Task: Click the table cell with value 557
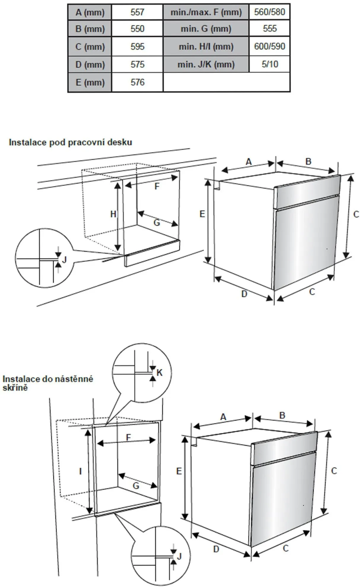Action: pyautogui.click(x=137, y=12)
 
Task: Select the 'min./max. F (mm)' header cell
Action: pyautogui.click(x=206, y=12)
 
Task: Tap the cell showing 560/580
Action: pyautogui.click(x=269, y=12)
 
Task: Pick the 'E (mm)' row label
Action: pyautogui.click(x=90, y=82)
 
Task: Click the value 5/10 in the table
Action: pyautogui.click(x=270, y=64)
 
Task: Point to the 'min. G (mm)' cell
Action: pyautogui.click(x=206, y=29)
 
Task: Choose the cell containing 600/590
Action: pyautogui.click(x=269, y=47)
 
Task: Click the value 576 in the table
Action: pyautogui.click(x=137, y=82)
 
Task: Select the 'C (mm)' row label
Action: pyautogui.click(x=90, y=47)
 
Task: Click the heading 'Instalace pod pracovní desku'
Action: pyautogui.click(x=70, y=142)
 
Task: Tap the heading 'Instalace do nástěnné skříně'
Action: pyautogui.click(x=47, y=383)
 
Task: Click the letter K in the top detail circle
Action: pyautogui.click(x=160, y=373)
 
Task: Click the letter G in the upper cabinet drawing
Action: pyautogui.click(x=157, y=222)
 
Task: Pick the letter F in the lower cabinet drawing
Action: pyautogui.click(x=128, y=438)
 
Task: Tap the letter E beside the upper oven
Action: pyautogui.click(x=202, y=214)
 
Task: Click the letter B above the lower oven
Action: pyautogui.click(x=282, y=415)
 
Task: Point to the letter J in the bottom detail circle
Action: pyautogui.click(x=179, y=557)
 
